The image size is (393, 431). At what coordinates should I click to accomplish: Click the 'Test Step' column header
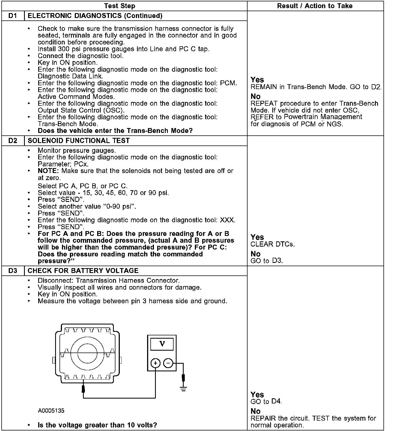pyautogui.click(x=120, y=6)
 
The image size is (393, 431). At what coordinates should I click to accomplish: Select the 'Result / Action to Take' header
pyautogui.click(x=315, y=6)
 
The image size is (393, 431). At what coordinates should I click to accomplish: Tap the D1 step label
pyautogui.click(x=13, y=16)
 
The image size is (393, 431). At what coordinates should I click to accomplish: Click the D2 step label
pyautogui.click(x=13, y=141)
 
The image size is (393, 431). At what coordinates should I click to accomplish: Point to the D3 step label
pyautogui.click(x=13, y=271)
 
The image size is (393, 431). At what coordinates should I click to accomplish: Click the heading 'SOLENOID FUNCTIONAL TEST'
pyautogui.click(x=79, y=141)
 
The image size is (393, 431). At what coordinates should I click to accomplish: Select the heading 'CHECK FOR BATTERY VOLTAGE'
pyautogui.click(x=83, y=271)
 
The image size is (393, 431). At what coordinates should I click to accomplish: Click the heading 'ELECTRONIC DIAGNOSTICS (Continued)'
pyautogui.click(x=95, y=16)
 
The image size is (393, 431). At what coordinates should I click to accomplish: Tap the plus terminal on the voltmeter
pyautogui.click(x=155, y=363)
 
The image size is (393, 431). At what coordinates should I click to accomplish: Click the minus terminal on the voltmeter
pyautogui.click(x=168, y=363)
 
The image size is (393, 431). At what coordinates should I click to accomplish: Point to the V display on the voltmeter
pyautogui.click(x=162, y=344)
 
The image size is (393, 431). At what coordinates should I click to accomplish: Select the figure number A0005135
pyautogui.click(x=51, y=411)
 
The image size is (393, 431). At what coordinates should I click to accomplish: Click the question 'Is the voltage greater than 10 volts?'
pyautogui.click(x=97, y=425)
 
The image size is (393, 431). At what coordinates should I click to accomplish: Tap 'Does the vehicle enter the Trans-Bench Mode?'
pyautogui.click(x=115, y=130)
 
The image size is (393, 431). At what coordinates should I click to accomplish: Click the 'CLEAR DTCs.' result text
pyautogui.click(x=273, y=244)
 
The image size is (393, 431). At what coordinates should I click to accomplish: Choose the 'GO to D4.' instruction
pyautogui.click(x=266, y=401)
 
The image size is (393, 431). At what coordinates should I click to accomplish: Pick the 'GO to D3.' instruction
pyautogui.click(x=266, y=261)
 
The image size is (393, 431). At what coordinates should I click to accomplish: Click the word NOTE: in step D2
pyautogui.click(x=48, y=171)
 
